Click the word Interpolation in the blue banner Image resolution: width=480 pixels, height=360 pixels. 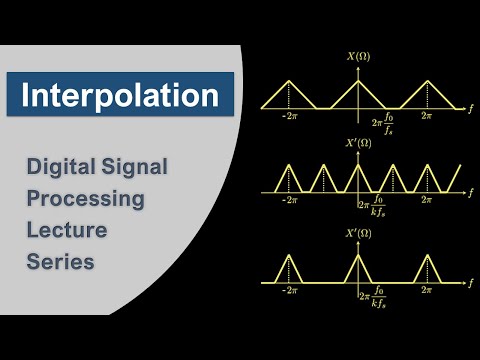(120, 96)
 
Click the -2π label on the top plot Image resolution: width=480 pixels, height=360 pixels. (290, 117)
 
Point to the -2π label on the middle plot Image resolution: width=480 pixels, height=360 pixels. (290, 201)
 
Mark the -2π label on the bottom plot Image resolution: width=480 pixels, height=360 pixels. (290, 292)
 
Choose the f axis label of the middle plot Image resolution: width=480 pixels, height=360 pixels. (469, 192)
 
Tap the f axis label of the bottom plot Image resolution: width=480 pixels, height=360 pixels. (469, 284)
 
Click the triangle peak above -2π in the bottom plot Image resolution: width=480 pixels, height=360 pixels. (290, 255)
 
